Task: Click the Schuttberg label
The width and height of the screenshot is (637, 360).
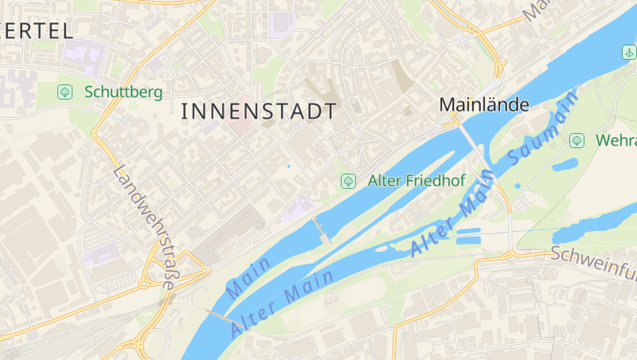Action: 123,92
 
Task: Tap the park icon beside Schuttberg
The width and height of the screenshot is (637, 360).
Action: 64,92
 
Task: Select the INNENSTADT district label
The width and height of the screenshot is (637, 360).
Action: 259,112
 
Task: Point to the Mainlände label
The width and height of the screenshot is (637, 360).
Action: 484,104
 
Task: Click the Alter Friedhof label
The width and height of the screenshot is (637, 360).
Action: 416,181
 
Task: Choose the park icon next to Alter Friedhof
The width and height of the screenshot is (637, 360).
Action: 348,181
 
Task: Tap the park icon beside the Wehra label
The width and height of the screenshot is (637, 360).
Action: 576,141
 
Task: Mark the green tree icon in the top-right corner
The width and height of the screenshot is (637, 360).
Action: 628,53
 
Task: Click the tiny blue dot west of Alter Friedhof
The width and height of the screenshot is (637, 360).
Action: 288,166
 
